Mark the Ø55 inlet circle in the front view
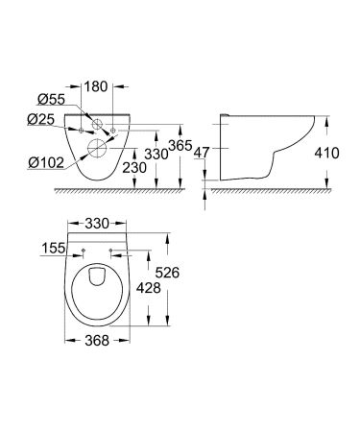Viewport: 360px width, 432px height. (100, 124)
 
